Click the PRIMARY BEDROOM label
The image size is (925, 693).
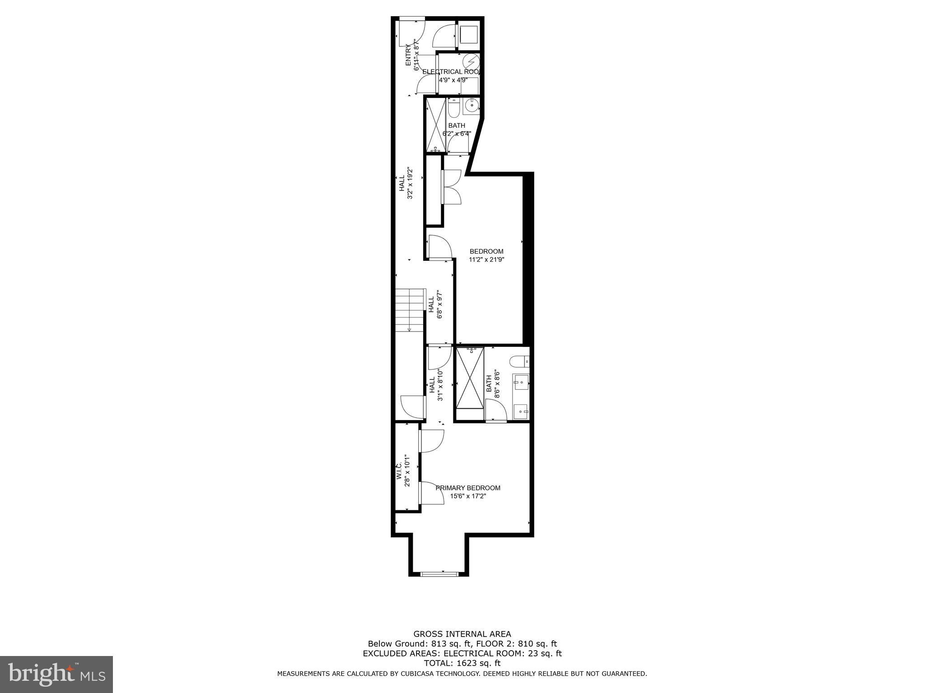468,488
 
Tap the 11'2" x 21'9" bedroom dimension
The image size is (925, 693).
486,259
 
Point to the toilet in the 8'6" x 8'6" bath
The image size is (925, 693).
519,361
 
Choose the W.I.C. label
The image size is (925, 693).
399,471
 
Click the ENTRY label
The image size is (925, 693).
408,55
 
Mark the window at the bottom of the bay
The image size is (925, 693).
439,574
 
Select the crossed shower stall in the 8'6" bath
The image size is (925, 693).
470,378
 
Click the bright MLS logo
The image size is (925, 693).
56,675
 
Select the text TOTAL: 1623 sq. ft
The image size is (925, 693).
462,663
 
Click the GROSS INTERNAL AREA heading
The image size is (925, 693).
462,634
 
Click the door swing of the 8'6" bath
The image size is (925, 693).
495,410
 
